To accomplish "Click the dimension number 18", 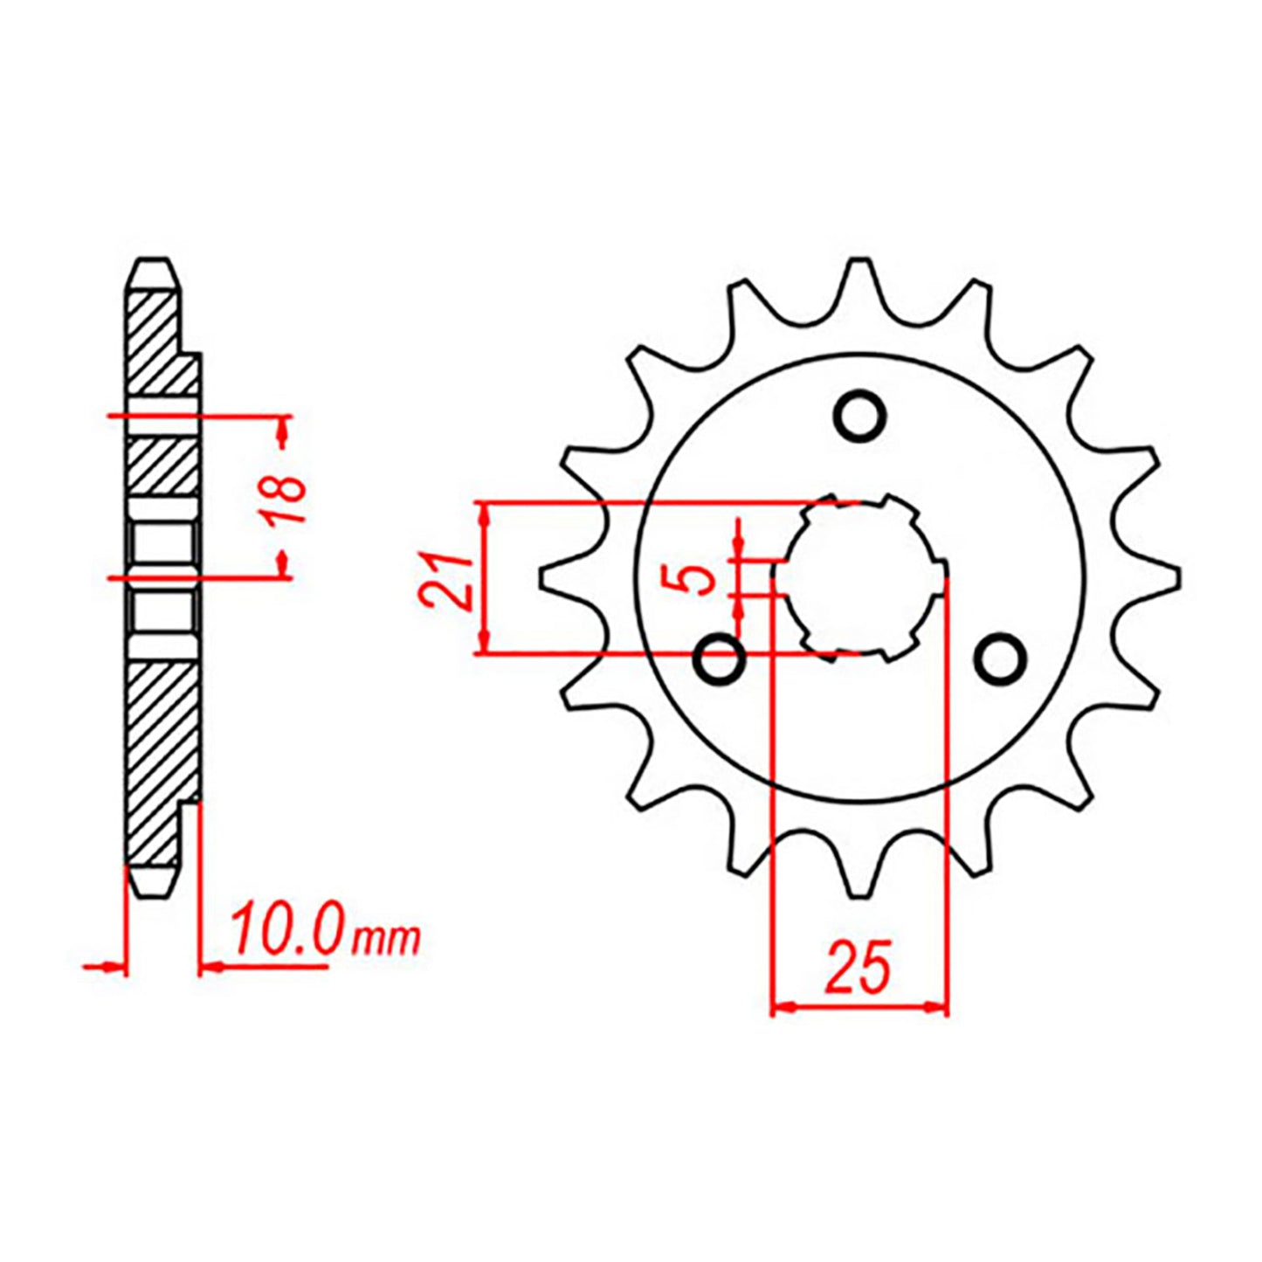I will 287,498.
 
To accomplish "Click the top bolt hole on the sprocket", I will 860,416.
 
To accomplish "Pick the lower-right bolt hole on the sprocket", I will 1000,660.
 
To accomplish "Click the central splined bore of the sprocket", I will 860,578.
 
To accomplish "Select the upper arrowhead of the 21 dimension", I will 484,515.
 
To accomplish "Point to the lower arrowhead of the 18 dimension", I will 283,562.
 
